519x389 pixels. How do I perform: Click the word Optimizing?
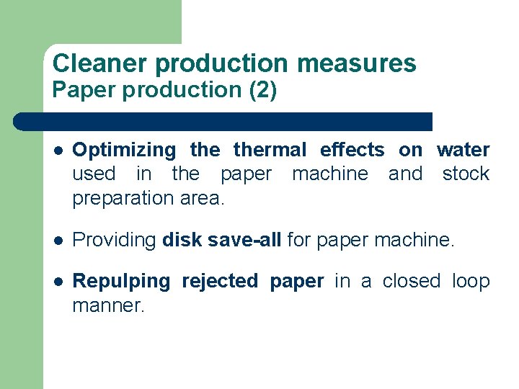124,151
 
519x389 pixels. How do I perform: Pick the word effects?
352,150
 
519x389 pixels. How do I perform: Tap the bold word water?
463,150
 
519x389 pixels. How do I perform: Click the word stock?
466,174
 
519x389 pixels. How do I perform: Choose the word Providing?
115,240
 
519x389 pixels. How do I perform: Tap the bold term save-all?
244,239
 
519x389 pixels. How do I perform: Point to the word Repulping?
121,282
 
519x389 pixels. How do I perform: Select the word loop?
471,282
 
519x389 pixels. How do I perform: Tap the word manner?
108,305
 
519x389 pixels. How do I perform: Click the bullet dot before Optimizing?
57,151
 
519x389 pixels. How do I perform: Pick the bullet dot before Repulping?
57,282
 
